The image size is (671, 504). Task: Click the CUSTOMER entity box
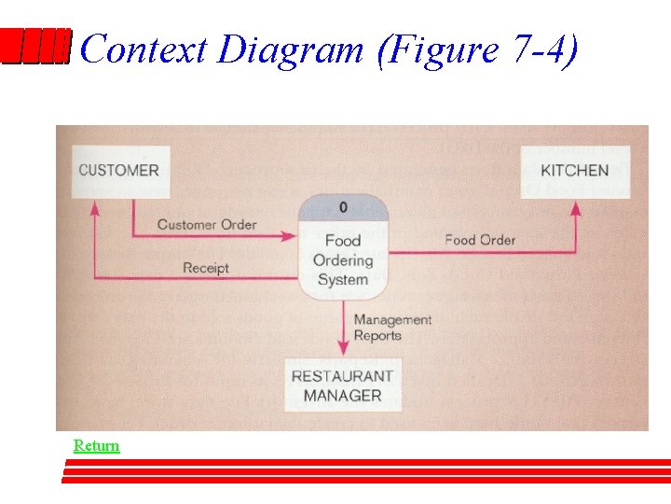119,171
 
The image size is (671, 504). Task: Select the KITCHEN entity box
574,171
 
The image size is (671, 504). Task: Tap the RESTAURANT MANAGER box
342,385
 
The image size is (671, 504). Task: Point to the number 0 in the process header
343,207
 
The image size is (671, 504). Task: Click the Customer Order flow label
206,225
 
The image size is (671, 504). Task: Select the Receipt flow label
206,268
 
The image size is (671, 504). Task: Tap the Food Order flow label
479,240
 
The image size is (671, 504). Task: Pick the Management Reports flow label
392,328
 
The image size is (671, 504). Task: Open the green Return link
97,446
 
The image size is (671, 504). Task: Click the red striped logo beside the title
35,47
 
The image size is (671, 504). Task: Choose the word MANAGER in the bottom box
342,396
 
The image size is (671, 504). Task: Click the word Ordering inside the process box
342,260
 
